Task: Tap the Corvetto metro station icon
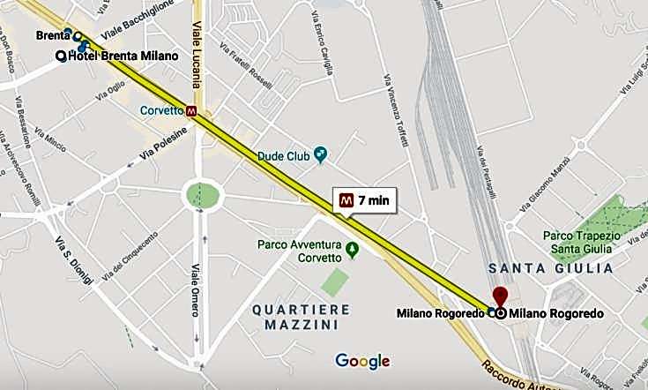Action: pyautogui.click(x=191, y=112)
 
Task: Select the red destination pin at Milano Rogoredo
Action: pyautogui.click(x=501, y=296)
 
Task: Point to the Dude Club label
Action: pyautogui.click(x=283, y=156)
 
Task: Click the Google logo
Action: pyautogui.click(x=362, y=360)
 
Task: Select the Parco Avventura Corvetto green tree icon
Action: pyautogui.click(x=353, y=250)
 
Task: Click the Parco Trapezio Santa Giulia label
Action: pyautogui.click(x=582, y=243)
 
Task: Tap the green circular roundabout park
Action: pyautogui.click(x=203, y=196)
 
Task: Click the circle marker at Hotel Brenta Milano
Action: pyautogui.click(x=61, y=56)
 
